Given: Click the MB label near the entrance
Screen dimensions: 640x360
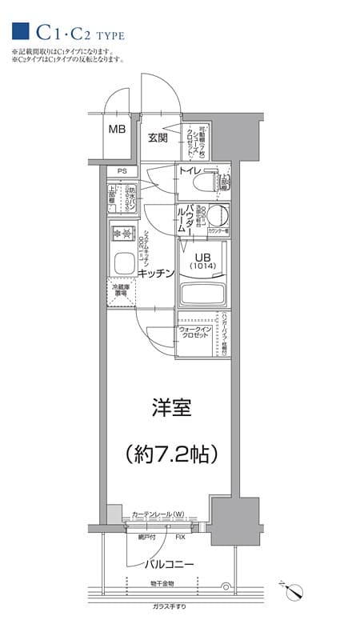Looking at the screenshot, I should click(117, 129).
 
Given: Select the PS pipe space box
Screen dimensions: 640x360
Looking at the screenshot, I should click(122, 170).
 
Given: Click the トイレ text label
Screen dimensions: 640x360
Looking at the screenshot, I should click(190, 171).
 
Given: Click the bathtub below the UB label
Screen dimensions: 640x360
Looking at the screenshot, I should click(202, 292).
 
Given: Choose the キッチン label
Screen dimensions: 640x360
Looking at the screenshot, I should click(156, 274).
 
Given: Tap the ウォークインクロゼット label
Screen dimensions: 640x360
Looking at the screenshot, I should click(194, 333).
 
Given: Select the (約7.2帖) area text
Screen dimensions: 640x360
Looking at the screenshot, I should click(171, 454).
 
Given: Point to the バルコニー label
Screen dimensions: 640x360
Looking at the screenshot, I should click(169, 564).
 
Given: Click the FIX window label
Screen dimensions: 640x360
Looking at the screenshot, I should click(181, 537).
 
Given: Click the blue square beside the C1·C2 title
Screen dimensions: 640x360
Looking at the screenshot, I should click(21, 32).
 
